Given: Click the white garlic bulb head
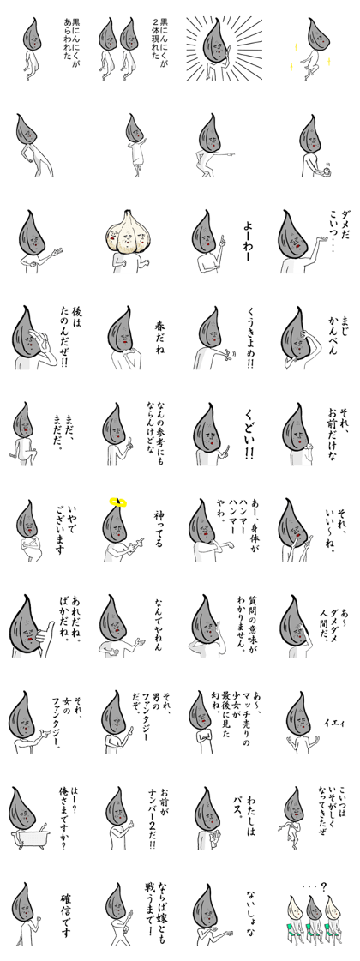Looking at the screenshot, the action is click(x=128, y=232).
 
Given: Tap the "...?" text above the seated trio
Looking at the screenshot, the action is click(x=313, y=886).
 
